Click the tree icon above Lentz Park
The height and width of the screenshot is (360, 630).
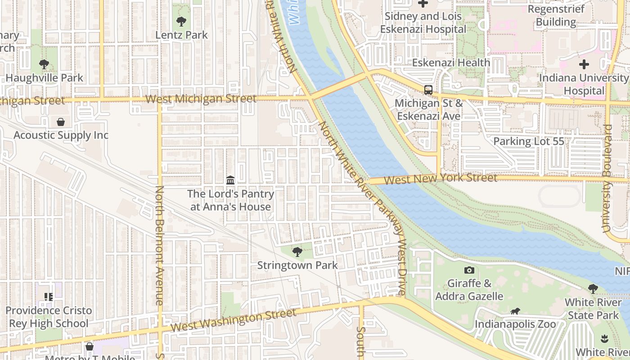point(181,21)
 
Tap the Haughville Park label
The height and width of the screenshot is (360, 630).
point(45,78)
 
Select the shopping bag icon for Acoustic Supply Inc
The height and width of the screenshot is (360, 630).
point(61,122)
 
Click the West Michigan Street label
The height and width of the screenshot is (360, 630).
point(201,99)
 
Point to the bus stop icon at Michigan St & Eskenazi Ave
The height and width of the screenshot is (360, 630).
point(428,90)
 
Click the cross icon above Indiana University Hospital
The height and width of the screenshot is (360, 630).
point(584,64)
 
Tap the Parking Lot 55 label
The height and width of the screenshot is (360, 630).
point(529,141)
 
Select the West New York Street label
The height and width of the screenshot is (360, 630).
point(441,179)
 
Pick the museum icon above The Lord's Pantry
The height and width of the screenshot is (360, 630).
point(230,180)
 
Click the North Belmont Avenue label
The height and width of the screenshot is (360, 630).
point(160,245)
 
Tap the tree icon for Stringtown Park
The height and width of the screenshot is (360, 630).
point(297,252)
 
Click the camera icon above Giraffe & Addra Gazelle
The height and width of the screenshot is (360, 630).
point(469,270)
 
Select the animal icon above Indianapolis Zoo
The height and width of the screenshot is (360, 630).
point(515,311)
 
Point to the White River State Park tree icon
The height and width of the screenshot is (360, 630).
point(593,288)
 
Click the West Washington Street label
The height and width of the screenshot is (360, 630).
point(234,320)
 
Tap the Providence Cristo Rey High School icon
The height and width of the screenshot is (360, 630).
point(49,297)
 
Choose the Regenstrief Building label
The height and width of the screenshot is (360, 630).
point(556,15)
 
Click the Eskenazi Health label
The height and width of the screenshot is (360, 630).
point(451,63)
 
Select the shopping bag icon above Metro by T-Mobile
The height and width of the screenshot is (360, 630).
point(90,346)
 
